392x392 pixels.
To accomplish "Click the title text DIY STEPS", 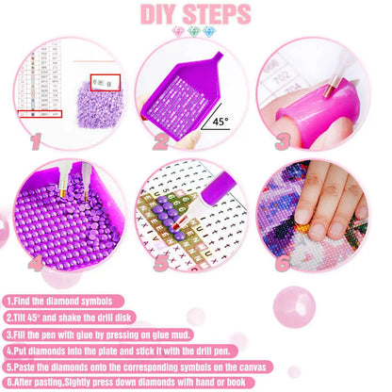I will [x=195, y=15].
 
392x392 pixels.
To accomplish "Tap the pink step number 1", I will [x=38, y=141].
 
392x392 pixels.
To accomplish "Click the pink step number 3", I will [x=283, y=141].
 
